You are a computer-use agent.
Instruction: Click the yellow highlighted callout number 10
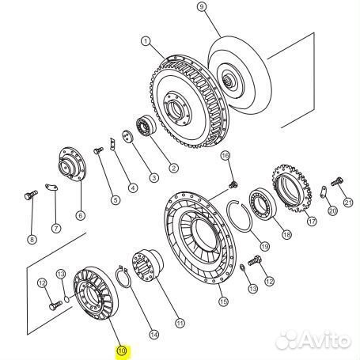(122, 351)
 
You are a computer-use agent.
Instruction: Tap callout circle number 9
(202, 6)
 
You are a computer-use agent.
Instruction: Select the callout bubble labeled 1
(146, 41)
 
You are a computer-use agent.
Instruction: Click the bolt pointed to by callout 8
(31, 195)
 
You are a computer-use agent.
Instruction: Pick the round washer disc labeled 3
(127, 136)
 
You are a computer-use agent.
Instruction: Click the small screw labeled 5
(98, 150)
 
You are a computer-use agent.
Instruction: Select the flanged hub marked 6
(72, 164)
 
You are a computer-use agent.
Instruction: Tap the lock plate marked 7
(51, 187)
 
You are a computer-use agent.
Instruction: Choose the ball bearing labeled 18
(263, 205)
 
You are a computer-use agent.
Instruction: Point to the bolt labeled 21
(337, 182)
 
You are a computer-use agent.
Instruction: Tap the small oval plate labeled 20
(324, 191)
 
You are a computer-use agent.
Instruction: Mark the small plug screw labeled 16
(233, 184)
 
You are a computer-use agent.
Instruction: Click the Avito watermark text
(313, 340)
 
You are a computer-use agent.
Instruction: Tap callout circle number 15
(223, 301)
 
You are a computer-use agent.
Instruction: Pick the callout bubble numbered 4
(133, 188)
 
